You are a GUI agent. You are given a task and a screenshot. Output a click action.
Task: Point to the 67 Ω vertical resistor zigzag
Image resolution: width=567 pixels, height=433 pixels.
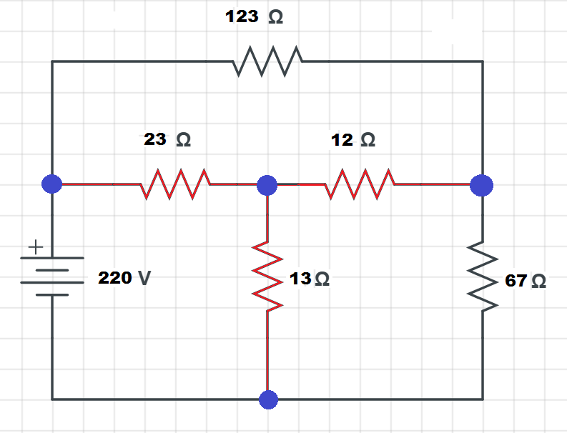pyautogui.click(x=483, y=277)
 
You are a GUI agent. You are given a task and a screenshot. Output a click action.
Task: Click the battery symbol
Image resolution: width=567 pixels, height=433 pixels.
pyautogui.click(x=52, y=276)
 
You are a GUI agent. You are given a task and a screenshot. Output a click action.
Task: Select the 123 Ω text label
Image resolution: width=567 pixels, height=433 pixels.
pyautogui.click(x=254, y=17)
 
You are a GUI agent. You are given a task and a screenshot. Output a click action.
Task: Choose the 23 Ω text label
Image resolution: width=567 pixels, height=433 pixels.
pyautogui.click(x=167, y=139)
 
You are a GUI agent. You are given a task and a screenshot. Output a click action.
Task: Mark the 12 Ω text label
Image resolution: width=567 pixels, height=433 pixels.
pyautogui.click(x=353, y=139)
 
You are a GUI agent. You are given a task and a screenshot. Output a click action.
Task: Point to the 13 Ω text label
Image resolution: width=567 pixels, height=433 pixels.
pyautogui.click(x=310, y=279)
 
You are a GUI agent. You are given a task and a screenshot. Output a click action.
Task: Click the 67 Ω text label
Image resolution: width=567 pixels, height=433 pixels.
pyautogui.click(x=526, y=281)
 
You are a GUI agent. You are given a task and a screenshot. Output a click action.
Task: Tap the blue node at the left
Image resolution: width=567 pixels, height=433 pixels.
pyautogui.click(x=52, y=184)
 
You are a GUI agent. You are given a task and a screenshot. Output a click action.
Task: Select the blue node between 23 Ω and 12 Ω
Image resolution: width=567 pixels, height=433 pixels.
pyautogui.click(x=267, y=184)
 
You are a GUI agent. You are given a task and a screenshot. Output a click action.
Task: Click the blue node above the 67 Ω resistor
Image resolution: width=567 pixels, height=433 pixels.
pyautogui.click(x=482, y=185)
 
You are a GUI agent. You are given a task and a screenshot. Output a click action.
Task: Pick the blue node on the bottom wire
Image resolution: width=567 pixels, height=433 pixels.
pyautogui.click(x=268, y=399)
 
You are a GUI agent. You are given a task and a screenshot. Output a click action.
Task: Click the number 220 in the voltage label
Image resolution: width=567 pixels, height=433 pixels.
pyautogui.click(x=115, y=278)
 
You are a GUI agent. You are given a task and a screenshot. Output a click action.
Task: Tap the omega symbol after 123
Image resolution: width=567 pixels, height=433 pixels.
pyautogui.click(x=275, y=18)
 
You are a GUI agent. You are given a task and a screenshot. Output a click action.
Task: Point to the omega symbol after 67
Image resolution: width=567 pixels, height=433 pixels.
pyautogui.click(x=538, y=282)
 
